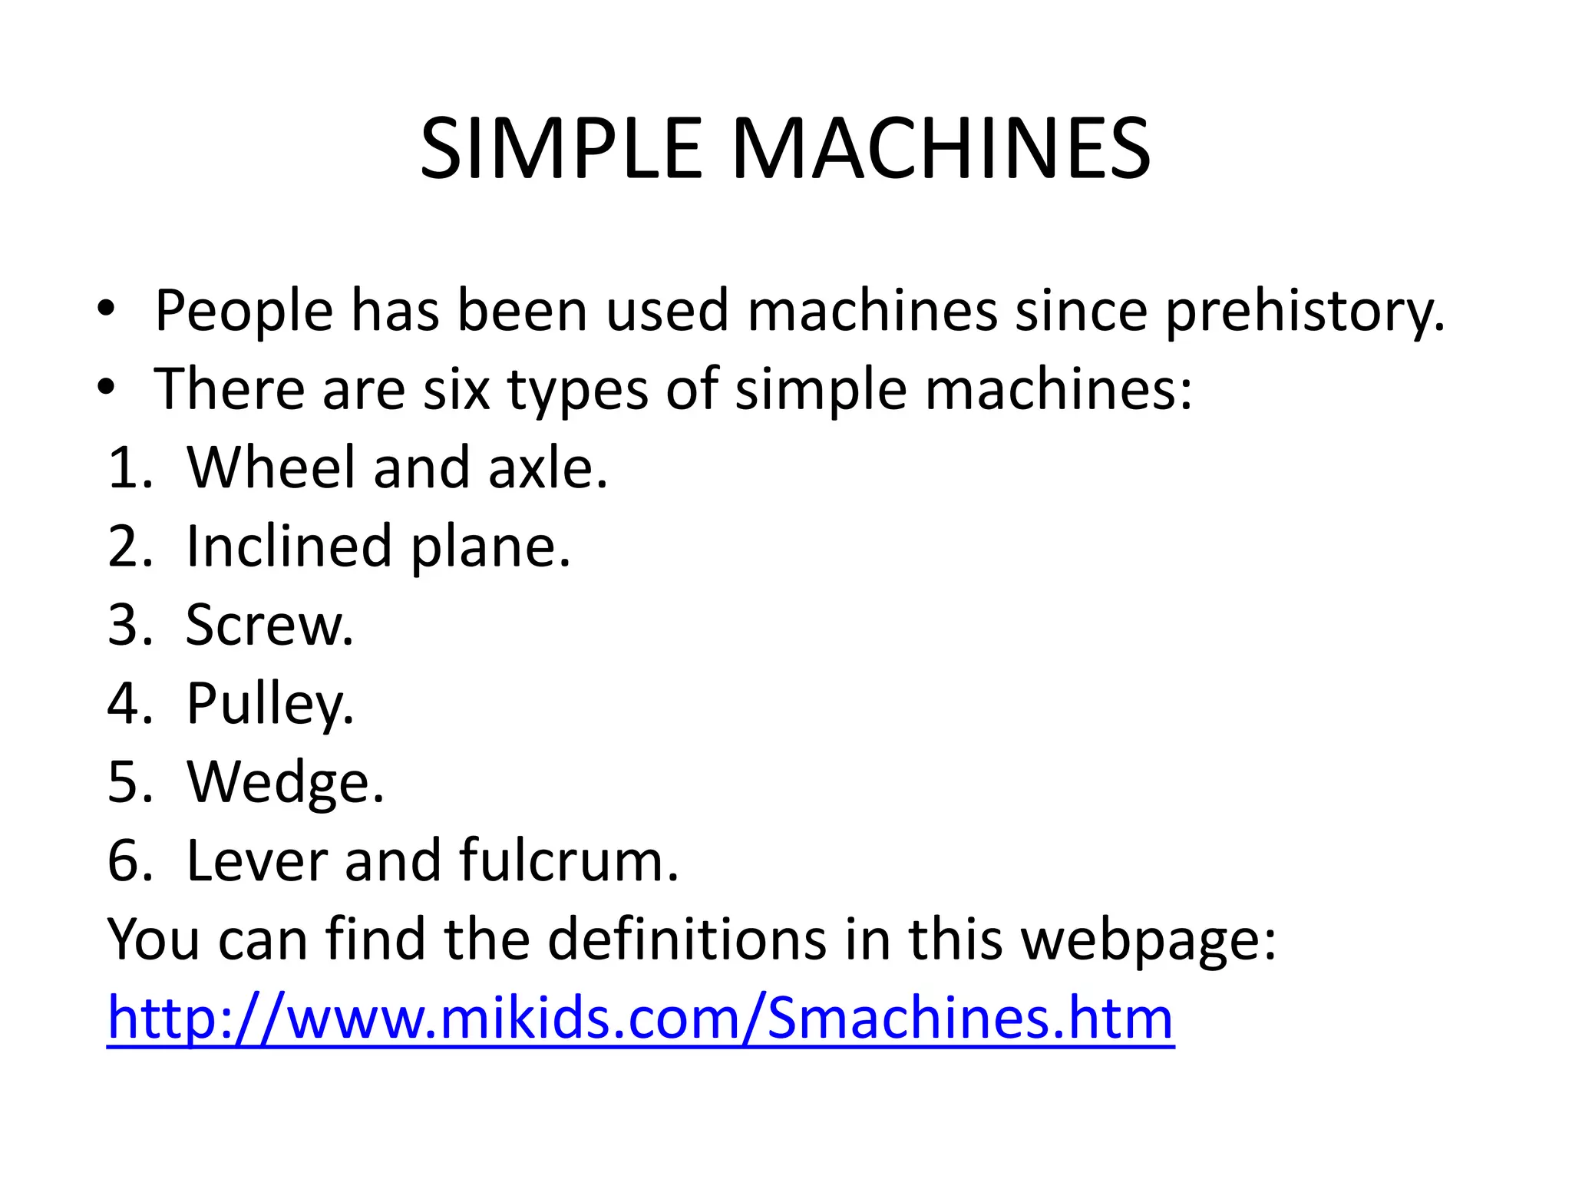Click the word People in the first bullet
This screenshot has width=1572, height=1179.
pos(243,311)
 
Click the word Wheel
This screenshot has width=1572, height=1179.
pos(271,467)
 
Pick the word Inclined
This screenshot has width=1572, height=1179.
pos(289,547)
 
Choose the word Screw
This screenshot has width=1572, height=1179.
pos(269,625)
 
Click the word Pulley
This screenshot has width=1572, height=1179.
pos(269,705)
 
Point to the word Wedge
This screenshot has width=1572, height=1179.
pos(285,783)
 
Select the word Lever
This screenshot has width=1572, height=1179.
pos(256,860)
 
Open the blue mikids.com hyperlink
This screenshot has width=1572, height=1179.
pos(640,1019)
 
